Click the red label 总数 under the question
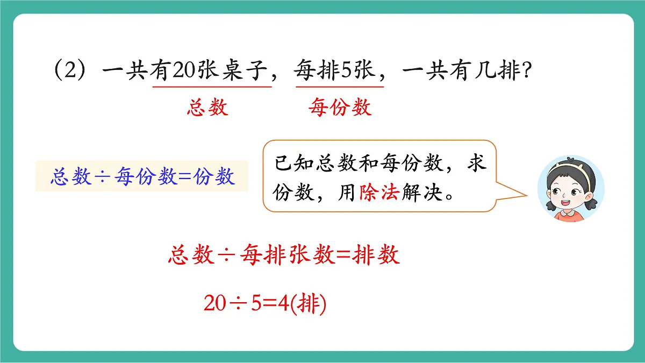pyautogui.click(x=207, y=108)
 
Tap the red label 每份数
pyautogui.click(x=340, y=108)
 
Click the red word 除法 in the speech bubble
pyautogui.click(x=378, y=192)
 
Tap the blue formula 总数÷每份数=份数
pyautogui.click(x=142, y=176)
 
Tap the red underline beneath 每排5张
pyautogui.click(x=339, y=86)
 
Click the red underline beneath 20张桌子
pyautogui.click(x=212, y=86)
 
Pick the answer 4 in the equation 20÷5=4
pyautogui.click(x=284, y=305)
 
